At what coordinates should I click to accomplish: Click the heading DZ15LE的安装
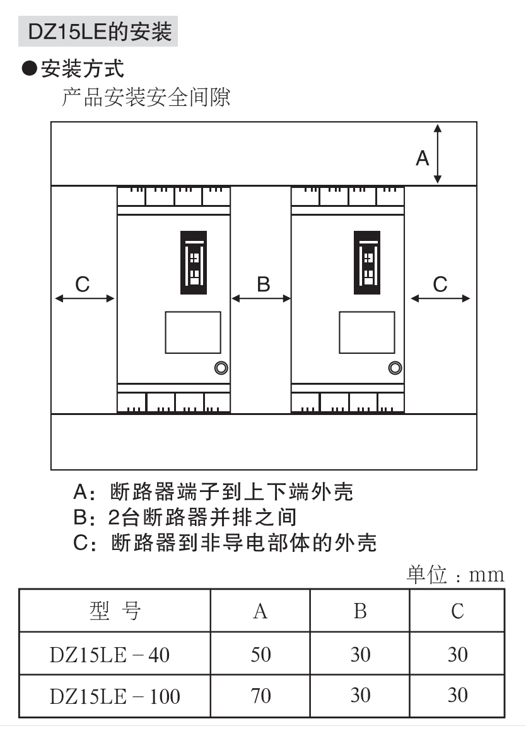click(x=100, y=32)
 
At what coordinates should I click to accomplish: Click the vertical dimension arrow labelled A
click(x=438, y=154)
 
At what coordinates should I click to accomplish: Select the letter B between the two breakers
click(x=264, y=284)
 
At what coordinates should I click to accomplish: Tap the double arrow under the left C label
click(x=85, y=298)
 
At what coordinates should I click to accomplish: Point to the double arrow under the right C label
click(x=440, y=298)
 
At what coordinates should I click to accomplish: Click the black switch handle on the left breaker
click(x=194, y=262)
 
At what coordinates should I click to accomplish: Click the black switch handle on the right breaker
click(x=368, y=262)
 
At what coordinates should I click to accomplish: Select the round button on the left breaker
click(x=221, y=368)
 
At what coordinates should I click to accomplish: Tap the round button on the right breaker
click(x=395, y=368)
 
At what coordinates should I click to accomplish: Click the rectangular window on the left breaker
click(x=193, y=332)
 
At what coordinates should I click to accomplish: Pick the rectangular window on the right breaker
click(x=367, y=332)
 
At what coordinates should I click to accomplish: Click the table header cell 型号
click(x=115, y=611)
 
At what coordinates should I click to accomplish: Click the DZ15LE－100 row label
click(x=115, y=696)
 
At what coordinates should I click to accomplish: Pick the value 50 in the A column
click(x=260, y=655)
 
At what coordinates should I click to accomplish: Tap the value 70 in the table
click(x=260, y=696)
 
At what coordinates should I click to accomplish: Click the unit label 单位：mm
click(x=455, y=575)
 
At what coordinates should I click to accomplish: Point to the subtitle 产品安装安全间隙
click(x=146, y=98)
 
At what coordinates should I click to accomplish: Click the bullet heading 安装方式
click(x=74, y=67)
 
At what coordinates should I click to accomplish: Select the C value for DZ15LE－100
click(x=457, y=696)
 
